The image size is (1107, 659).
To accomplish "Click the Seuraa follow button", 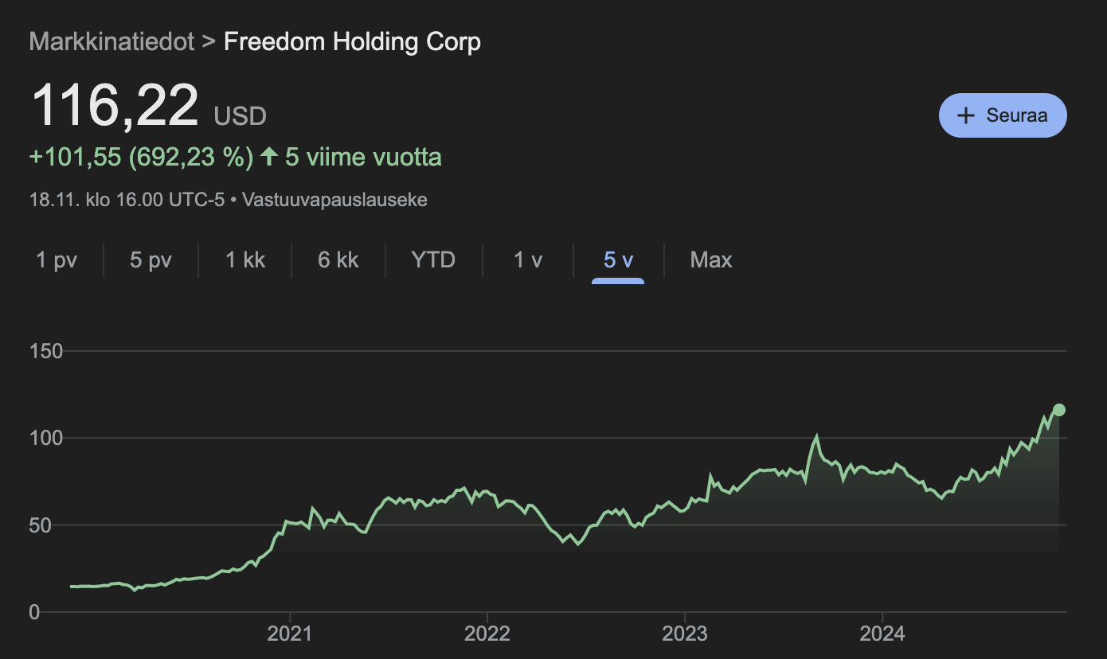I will point(1003,115).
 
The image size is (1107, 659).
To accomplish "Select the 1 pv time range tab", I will point(57,260).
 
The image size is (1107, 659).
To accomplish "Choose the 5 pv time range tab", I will point(151,260).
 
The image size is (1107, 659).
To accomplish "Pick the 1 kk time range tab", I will point(245,260).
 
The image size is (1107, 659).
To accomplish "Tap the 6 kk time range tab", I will point(338,260).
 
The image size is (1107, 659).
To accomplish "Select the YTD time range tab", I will point(433,260).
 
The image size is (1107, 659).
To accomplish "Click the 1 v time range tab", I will point(528,260).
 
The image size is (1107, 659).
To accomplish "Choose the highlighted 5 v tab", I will point(618,260).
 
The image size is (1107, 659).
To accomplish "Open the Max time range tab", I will point(711,260).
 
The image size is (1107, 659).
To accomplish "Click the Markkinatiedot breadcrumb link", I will point(111,41).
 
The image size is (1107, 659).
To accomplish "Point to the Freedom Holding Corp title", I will point(352,41).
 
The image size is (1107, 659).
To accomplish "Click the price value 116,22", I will point(114,106).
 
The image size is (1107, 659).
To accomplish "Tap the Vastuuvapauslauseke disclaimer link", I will point(334,200).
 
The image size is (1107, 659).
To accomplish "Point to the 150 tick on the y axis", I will point(45,351).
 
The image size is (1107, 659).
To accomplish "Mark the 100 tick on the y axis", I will point(45,438).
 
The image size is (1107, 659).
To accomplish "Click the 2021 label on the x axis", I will point(290,634).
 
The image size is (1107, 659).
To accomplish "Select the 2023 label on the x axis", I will point(685,634).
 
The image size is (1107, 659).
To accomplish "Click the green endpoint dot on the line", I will point(1058,410).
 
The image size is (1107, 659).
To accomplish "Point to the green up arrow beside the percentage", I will point(269,157).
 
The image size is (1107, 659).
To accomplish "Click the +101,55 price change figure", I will point(76,157).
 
